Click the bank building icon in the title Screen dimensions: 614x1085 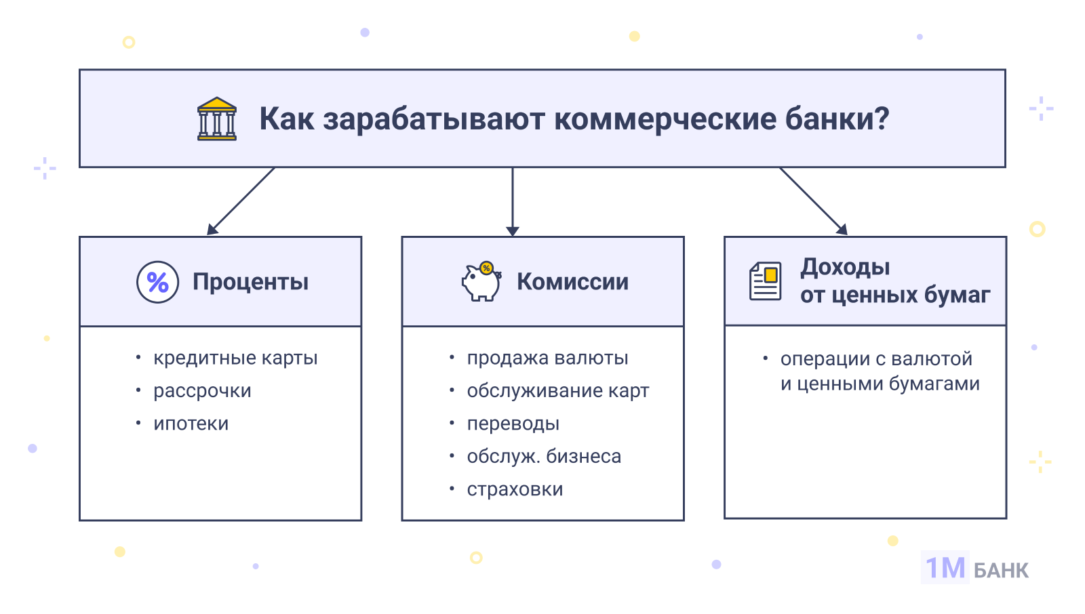[x=217, y=119]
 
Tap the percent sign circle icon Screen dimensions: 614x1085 [x=158, y=282]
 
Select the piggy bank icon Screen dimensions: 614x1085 [x=481, y=282]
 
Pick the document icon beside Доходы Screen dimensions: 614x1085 [x=766, y=281]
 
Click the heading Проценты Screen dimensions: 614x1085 [x=250, y=282]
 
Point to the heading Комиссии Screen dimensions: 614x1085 [x=572, y=282]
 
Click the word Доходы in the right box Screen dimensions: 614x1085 [x=845, y=267]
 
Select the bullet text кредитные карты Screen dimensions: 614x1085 [x=235, y=358]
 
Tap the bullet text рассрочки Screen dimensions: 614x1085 [x=202, y=391]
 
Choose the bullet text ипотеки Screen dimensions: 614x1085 [x=191, y=424]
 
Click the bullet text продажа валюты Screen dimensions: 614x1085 [x=547, y=358]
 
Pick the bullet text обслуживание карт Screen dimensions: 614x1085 [x=557, y=391]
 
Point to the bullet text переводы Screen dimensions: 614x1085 [x=513, y=424]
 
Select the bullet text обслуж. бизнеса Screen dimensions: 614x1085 [x=544, y=457]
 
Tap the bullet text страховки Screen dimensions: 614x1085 [x=515, y=489]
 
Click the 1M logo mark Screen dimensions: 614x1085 [x=945, y=568]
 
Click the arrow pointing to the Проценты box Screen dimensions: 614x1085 [x=241, y=201]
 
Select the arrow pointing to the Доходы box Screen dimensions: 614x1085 [x=813, y=201]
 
